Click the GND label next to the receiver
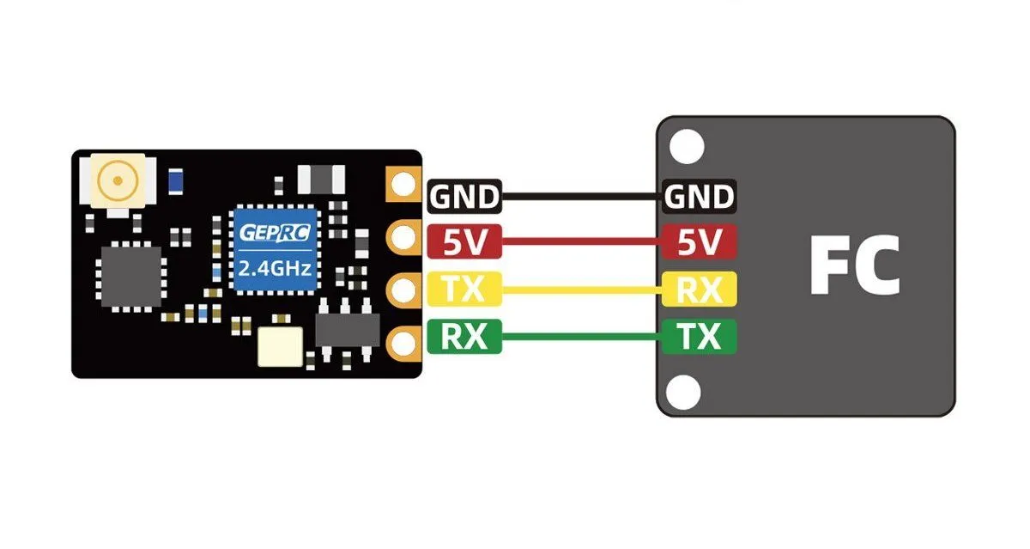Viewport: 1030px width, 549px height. point(463,197)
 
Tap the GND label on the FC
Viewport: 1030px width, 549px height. point(700,197)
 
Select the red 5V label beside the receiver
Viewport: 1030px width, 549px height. point(463,243)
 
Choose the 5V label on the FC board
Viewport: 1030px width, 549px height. point(700,243)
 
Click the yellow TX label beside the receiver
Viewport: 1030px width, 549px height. point(463,290)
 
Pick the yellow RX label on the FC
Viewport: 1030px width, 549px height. point(700,290)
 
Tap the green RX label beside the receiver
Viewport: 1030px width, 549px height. point(463,336)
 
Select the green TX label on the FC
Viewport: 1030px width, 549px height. point(700,336)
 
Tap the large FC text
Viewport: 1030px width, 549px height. point(854,267)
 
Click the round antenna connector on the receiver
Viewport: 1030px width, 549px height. point(113,181)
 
